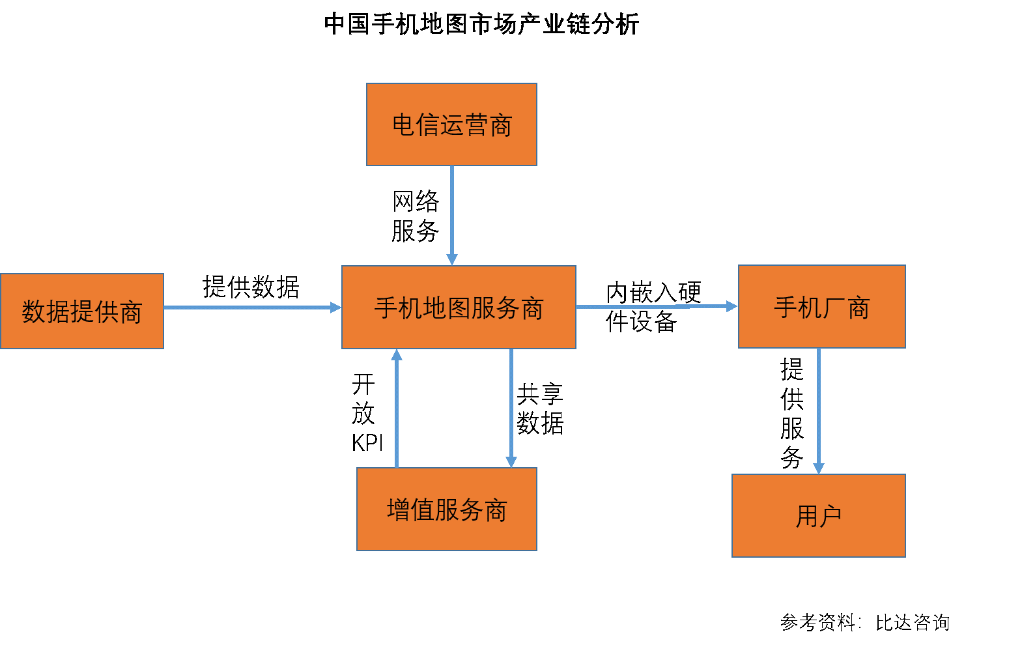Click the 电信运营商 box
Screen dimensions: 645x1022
coord(451,124)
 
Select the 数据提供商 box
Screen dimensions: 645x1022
coord(82,311)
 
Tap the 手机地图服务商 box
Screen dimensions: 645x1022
coord(459,308)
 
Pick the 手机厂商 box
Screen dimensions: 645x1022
coord(821,307)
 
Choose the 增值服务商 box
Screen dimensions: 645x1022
coord(447,509)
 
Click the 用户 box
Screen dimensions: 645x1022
coord(819,516)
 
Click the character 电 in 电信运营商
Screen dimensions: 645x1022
coord(404,125)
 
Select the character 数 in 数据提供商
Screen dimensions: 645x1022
coord(33,312)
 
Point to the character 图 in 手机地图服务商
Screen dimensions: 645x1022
coord(459,308)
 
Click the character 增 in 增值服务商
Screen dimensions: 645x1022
coord(398,510)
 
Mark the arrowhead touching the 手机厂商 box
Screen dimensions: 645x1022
coord(731,306)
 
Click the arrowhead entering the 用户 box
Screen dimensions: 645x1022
coord(819,468)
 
